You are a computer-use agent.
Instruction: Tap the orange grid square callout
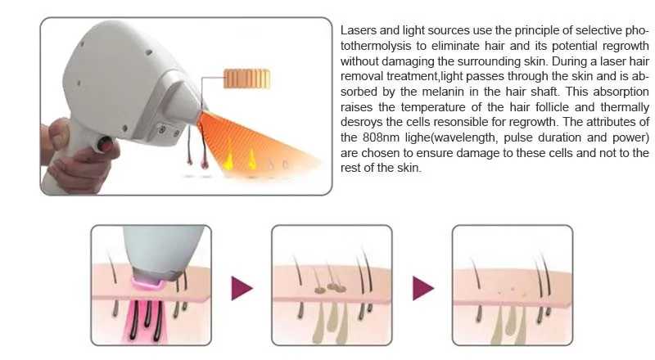click(242, 78)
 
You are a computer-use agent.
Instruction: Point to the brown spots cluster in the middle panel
click(328, 288)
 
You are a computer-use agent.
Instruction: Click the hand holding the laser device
click(70, 147)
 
